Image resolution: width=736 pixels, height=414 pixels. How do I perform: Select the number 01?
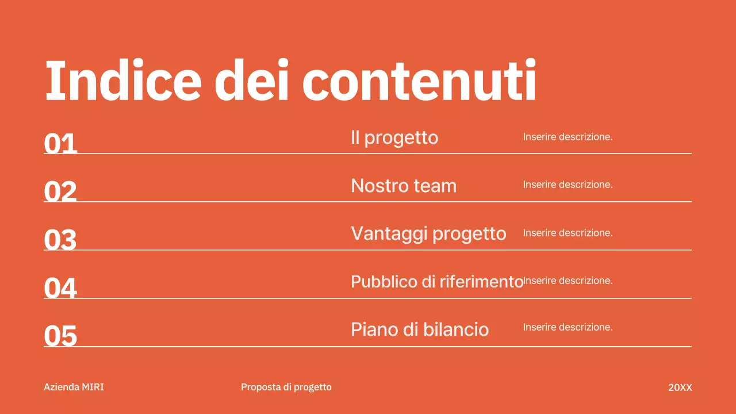[x=60, y=144]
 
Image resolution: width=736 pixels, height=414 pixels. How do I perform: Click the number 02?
[x=60, y=191]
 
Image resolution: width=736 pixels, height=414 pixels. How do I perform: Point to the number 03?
[x=60, y=240]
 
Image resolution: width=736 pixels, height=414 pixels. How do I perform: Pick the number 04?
[x=60, y=288]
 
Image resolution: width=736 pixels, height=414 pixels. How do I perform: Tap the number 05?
[x=60, y=336]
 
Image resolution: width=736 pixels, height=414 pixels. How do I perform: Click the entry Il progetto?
[x=394, y=138]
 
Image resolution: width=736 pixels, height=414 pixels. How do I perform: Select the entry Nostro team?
[x=404, y=186]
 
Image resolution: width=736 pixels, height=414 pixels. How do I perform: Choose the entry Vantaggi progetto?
[x=428, y=233]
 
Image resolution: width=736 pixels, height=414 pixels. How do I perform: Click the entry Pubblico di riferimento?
[x=437, y=282]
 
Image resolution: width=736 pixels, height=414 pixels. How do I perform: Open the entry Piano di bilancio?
[x=420, y=329]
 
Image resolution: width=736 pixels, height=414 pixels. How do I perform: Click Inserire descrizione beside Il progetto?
[x=568, y=137]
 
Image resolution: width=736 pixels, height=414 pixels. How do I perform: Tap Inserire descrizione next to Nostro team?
[x=568, y=185]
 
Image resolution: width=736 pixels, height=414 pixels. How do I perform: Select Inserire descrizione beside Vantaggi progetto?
[x=568, y=233]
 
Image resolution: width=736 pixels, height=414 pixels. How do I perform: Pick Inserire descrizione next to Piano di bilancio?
[x=568, y=327]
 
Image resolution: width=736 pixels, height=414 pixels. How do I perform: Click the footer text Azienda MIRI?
[x=74, y=387]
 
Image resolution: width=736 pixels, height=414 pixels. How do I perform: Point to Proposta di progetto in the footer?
[x=286, y=387]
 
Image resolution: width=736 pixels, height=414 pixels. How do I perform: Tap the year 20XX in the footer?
[x=680, y=388]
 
